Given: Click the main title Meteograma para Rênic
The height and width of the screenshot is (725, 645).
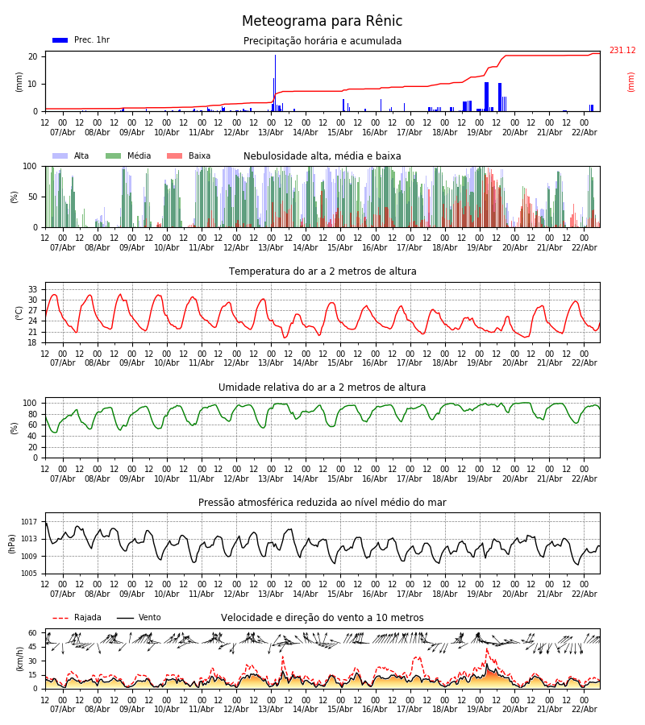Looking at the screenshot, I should pos(322,22).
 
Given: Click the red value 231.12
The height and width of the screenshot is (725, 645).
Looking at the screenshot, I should pos(622,51).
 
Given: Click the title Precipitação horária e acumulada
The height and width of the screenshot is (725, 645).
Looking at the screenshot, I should pos(322,41).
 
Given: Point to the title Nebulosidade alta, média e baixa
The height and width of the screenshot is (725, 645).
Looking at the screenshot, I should pos(322,156).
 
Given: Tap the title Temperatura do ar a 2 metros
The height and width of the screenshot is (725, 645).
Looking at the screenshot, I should pos(322,271).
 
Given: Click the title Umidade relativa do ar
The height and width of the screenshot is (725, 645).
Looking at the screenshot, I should pos(322,387).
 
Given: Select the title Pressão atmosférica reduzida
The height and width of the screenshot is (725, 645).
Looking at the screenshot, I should pos(322,503).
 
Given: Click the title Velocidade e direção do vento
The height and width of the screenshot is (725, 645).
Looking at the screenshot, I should pos(322,618).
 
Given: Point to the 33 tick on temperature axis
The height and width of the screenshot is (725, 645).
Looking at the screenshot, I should pos(33,289).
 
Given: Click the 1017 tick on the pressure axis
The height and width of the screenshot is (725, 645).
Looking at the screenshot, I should pos(30,522).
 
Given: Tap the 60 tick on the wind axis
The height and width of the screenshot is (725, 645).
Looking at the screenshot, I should pos(33,633).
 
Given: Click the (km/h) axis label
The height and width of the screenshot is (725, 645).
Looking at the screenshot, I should pos(19,658).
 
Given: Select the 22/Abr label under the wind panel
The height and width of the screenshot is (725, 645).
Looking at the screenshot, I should pos(584,709).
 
